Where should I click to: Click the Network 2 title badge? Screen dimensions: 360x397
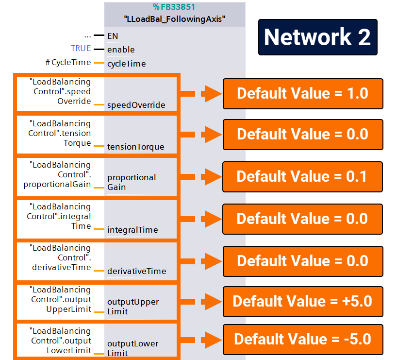[317, 37]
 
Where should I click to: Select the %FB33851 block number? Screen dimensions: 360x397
[175, 7]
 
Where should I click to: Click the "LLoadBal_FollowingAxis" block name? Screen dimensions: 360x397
[175, 20]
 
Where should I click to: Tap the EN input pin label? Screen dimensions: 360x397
[113, 36]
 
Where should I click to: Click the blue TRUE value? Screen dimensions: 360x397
[81, 49]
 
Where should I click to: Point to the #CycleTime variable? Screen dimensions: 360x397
[68, 62]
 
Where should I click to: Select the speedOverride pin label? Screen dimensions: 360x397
[136, 105]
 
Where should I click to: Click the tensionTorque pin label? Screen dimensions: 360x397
[135, 147]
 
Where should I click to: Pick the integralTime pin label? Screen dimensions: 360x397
[132, 230]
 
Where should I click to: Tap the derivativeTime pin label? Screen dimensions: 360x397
[136, 271]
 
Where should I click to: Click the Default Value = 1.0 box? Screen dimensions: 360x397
[303, 93]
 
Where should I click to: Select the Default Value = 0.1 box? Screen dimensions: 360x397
[302, 177]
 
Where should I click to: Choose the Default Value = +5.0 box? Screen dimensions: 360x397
[302, 301]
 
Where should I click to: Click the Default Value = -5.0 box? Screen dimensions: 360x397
[302, 338]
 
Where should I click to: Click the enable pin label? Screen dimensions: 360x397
[121, 50]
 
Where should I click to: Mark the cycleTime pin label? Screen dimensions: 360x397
[126, 64]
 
